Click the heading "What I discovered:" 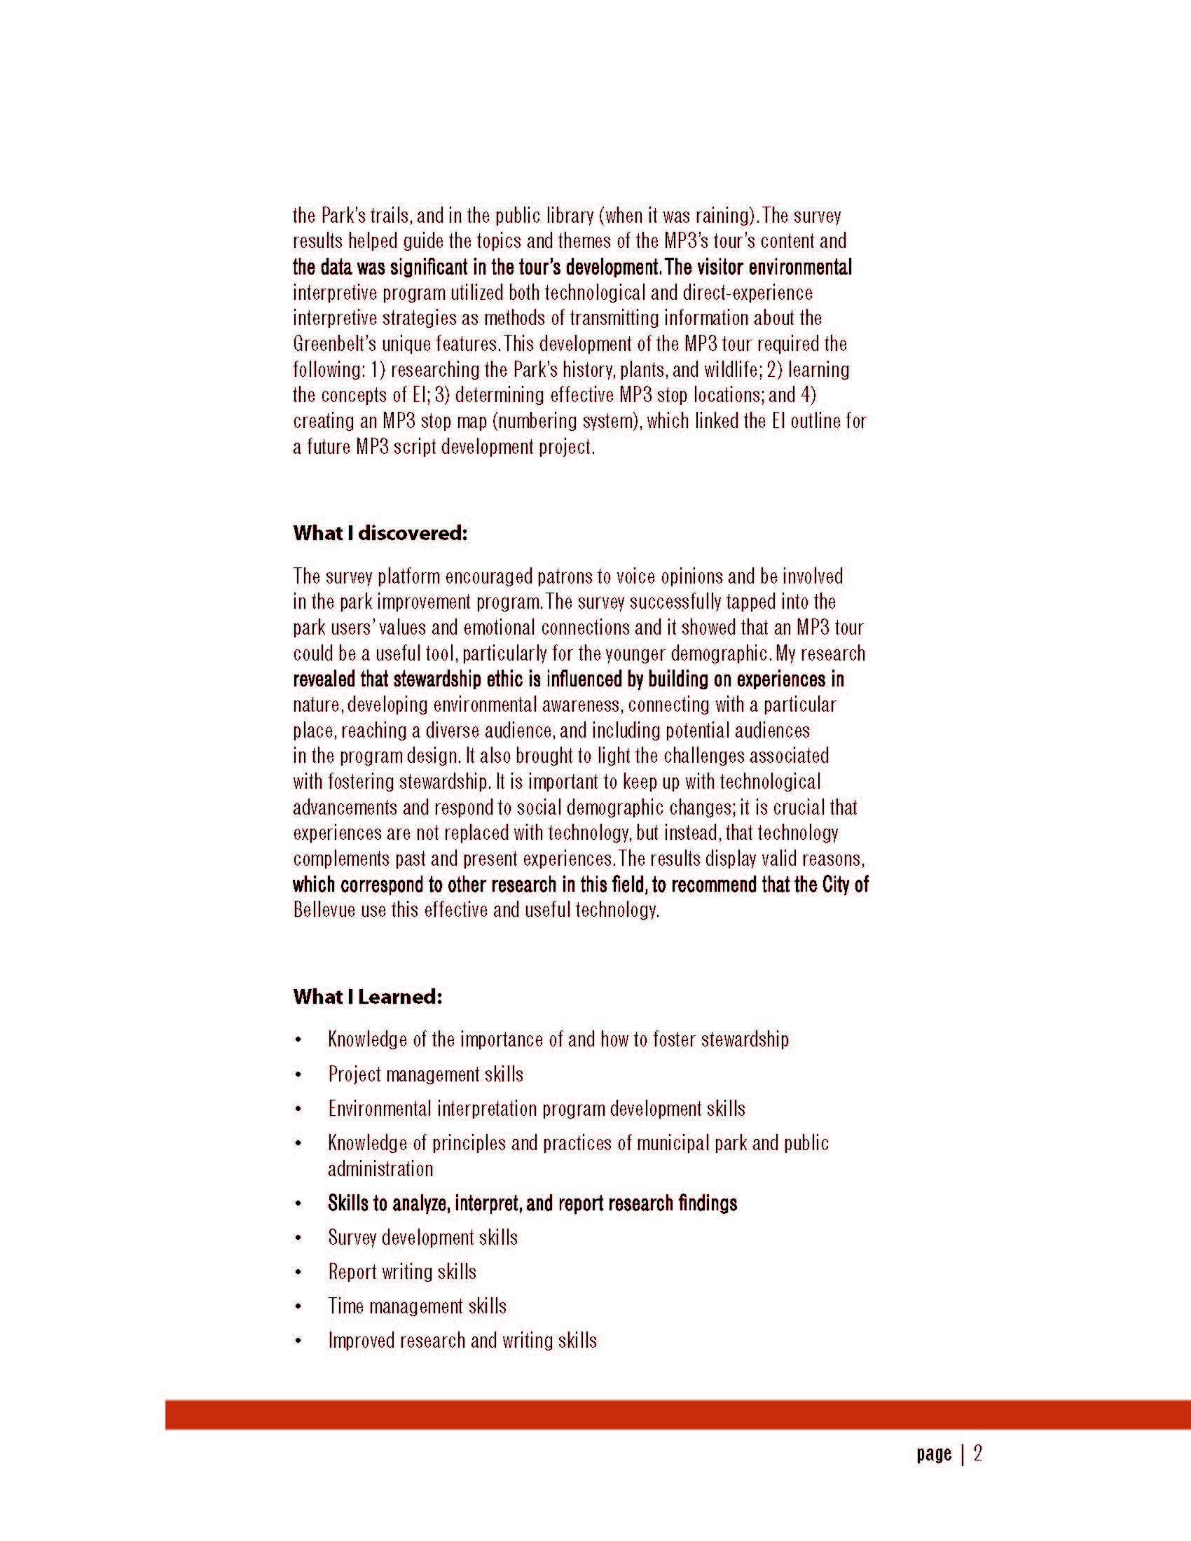[x=380, y=533]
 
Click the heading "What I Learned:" [x=368, y=997]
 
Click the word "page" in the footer [x=934, y=1454]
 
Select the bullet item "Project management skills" [x=425, y=1074]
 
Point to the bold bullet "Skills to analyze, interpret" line [x=532, y=1203]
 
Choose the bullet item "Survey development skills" [x=422, y=1238]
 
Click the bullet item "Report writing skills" [x=402, y=1272]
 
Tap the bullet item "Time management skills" [x=417, y=1306]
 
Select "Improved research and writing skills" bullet [x=462, y=1341]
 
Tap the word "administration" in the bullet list [x=380, y=1169]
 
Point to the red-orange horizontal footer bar [x=677, y=1415]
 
